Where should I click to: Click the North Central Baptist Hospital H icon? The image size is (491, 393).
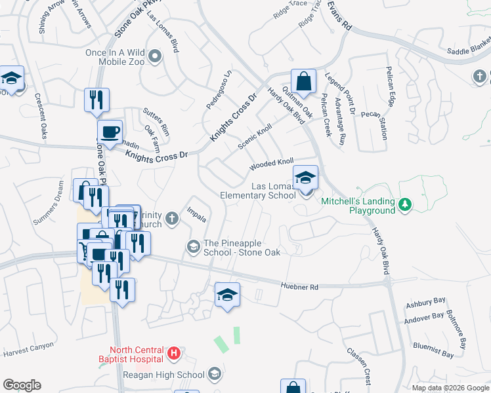173,354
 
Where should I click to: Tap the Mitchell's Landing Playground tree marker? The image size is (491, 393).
406,205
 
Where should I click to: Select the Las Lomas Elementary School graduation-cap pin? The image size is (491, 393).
305,178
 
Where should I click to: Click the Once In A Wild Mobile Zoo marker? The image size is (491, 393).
155,56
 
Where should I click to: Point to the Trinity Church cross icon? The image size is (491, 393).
172,218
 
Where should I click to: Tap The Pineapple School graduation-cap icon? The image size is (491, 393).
194,247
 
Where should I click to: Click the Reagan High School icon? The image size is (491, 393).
213,375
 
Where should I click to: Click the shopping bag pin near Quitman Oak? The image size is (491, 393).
303,82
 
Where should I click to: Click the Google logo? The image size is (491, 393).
22,385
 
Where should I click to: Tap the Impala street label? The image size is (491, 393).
197,215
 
